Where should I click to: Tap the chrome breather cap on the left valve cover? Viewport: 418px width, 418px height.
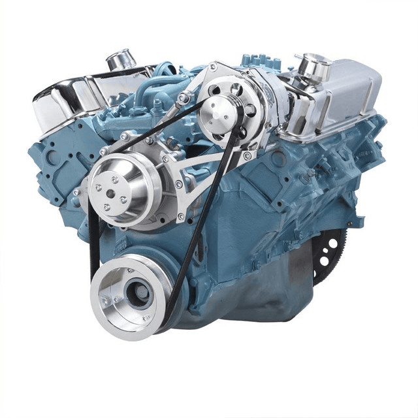pos(121,60)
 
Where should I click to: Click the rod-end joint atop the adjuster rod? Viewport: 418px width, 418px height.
pos(185,99)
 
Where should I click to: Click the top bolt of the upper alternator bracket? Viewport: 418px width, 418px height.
pos(213,67)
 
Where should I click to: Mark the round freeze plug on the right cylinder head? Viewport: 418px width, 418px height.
pos(278,159)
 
